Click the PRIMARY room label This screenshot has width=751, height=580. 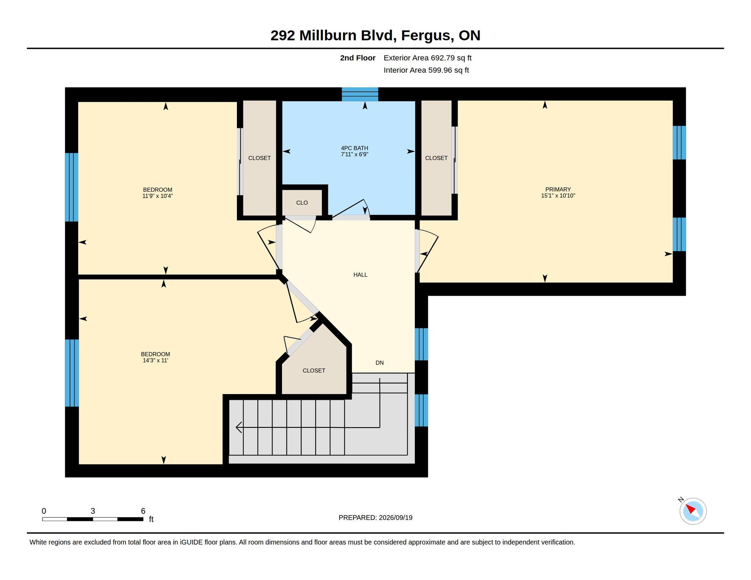click(558, 189)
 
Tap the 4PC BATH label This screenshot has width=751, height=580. click(355, 148)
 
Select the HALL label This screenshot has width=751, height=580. click(360, 275)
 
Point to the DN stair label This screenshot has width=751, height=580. click(380, 363)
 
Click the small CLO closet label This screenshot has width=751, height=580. click(302, 203)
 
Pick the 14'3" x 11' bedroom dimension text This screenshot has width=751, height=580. click(155, 360)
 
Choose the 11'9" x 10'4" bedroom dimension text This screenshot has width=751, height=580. click(158, 196)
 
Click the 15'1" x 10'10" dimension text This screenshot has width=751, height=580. click(558, 195)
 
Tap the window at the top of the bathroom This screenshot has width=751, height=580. click(360, 94)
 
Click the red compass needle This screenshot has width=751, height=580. click(690, 509)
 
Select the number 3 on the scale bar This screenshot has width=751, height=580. click(93, 511)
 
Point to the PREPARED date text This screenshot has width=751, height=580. click(375, 518)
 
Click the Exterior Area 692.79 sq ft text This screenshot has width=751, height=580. click(428, 58)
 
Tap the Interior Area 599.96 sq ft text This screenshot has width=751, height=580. click(426, 70)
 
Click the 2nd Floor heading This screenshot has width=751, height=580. click(358, 58)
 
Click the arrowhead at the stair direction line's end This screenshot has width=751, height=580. click(239, 427)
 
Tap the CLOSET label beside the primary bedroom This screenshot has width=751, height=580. click(436, 158)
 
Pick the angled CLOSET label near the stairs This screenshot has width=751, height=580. click(314, 371)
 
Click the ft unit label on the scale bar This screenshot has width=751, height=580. click(151, 519)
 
